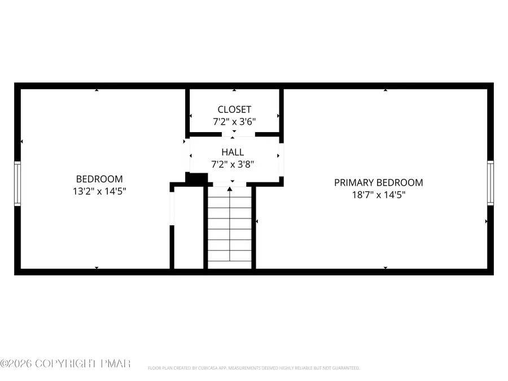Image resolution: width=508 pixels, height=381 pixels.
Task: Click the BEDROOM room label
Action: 99,179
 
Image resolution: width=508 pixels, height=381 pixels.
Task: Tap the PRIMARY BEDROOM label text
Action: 378,182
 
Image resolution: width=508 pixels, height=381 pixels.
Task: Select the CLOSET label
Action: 234,110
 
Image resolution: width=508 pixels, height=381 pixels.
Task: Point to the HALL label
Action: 233,152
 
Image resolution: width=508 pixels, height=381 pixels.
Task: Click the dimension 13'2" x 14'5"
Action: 99,191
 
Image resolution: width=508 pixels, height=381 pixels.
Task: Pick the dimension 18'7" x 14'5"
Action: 378,195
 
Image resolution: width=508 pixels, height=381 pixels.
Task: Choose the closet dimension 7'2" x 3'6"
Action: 234,121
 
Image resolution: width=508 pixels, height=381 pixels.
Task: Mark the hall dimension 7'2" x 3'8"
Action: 233,164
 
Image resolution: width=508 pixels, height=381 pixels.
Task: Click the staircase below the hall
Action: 229,229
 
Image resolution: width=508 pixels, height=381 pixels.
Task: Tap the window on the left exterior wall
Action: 17,183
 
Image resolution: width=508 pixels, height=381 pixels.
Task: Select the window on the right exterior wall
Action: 490,183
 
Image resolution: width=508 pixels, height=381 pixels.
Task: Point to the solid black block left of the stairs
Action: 196,178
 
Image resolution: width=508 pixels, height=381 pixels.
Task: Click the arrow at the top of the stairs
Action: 229,189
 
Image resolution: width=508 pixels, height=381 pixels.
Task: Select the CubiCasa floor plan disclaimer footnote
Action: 253,368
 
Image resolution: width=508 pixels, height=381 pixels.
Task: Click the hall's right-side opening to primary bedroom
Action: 281,156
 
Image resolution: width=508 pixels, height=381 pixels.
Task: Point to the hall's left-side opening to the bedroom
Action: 187,156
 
